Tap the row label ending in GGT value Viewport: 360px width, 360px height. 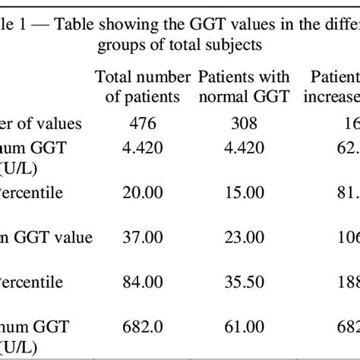tap(46, 238)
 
